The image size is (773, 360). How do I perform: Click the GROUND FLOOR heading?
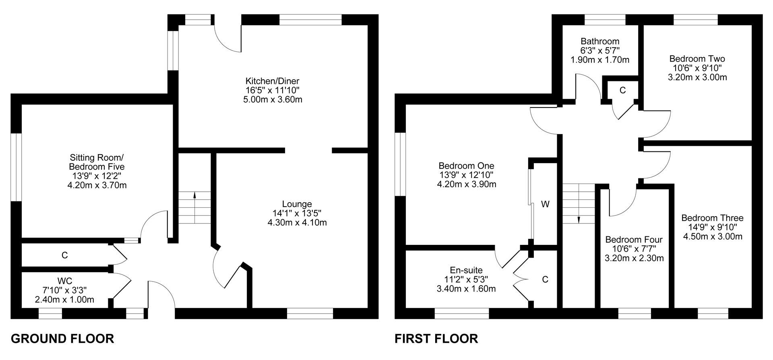[62, 339]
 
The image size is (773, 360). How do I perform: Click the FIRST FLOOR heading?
[436, 339]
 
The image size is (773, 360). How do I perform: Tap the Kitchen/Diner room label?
[273, 81]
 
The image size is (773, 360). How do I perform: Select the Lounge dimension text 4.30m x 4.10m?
[297, 222]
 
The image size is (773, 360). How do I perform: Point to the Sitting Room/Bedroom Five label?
[97, 162]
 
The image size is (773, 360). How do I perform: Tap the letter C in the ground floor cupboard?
[64, 255]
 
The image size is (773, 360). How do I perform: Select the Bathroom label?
[600, 41]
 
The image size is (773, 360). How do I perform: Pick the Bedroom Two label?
[697, 59]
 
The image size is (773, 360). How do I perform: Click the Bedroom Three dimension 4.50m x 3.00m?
[713, 236]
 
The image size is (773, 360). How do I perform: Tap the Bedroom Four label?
[634, 240]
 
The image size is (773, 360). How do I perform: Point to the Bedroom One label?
[466, 166]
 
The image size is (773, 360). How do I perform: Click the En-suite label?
[466, 271]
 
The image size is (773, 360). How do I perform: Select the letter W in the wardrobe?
[545, 205]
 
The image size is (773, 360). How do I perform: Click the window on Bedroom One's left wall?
[400, 164]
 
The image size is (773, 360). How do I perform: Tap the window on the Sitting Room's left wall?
[16, 167]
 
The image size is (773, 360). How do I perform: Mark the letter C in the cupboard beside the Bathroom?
[622, 91]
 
